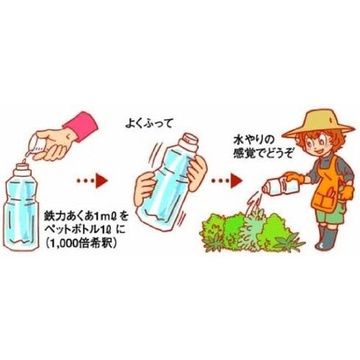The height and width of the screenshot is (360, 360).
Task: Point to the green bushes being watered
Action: [237, 230]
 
